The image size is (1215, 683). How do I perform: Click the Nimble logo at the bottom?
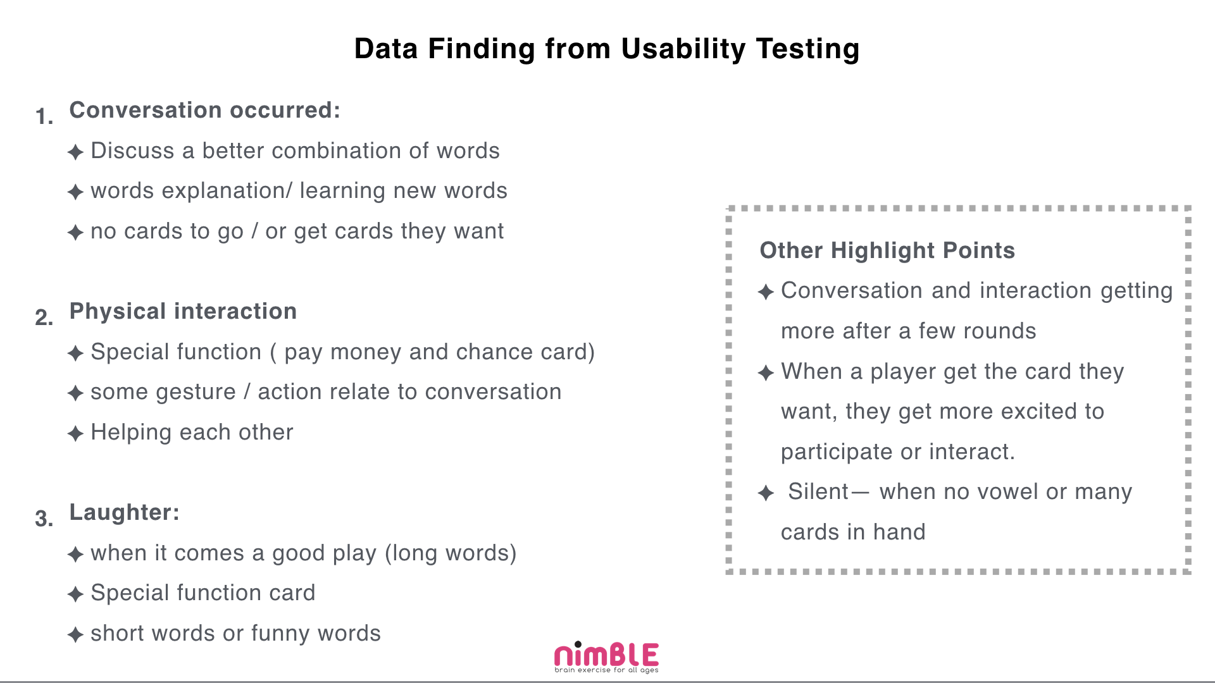click(x=606, y=658)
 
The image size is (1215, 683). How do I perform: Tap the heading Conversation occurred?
click(x=204, y=110)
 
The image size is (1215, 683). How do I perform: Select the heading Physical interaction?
click(x=183, y=311)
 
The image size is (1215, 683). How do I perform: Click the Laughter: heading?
click(x=124, y=512)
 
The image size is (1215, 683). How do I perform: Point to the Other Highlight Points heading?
click(x=887, y=250)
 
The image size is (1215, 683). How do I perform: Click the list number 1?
click(x=44, y=117)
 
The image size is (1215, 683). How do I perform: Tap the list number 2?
click(x=44, y=317)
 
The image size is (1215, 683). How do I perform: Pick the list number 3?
click(x=44, y=519)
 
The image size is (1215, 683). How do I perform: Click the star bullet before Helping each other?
click(x=75, y=434)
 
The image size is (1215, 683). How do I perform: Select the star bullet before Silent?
click(x=766, y=493)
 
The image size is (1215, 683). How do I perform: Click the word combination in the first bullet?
click(x=336, y=151)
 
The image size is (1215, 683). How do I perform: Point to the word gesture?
click(x=196, y=393)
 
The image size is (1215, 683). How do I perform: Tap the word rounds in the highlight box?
click(x=1007, y=331)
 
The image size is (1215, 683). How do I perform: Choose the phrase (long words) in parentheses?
click(x=451, y=553)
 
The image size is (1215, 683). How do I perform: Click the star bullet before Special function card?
click(x=75, y=594)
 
